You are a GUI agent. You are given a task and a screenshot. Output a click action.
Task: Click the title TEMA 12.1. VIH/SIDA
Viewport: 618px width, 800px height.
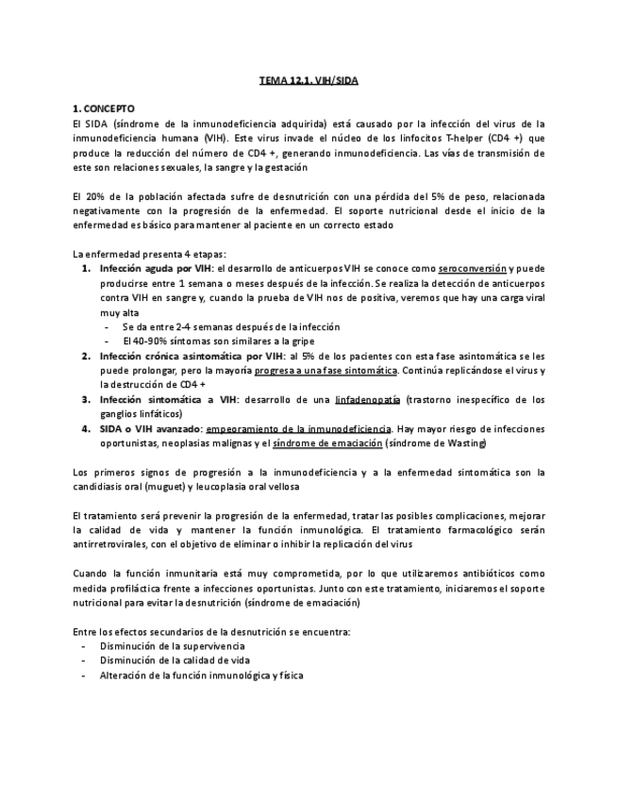[309, 81]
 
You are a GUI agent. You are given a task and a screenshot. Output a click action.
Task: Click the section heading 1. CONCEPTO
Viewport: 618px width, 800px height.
[104, 109]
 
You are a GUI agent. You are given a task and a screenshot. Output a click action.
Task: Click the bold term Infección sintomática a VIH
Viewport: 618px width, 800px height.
[168, 399]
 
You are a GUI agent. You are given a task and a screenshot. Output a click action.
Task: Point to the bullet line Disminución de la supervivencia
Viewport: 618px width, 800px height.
[172, 646]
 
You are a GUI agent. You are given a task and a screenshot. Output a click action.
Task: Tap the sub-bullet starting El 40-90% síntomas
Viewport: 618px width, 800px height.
[218, 341]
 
